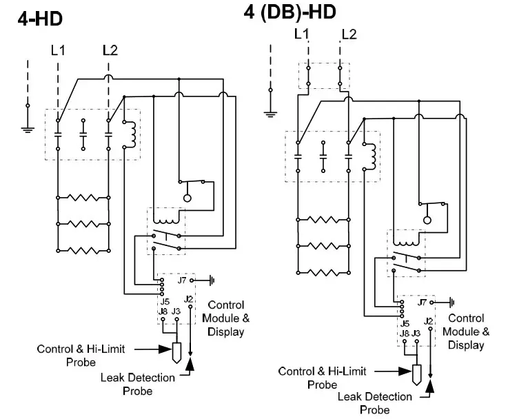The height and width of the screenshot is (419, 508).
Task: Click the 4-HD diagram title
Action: pyautogui.click(x=40, y=18)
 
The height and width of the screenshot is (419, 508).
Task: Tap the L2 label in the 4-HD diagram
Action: pyautogui.click(x=110, y=50)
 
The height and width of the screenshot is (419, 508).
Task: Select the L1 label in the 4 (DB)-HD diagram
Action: pyautogui.click(x=302, y=34)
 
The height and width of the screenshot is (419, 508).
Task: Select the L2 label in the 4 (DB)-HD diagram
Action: pyautogui.click(x=349, y=34)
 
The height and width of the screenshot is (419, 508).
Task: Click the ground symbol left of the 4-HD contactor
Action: pyautogui.click(x=28, y=125)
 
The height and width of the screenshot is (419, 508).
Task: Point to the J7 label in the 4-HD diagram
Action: pyautogui.click(x=183, y=280)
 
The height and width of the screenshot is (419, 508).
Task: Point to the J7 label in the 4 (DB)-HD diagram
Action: pyautogui.click(x=423, y=302)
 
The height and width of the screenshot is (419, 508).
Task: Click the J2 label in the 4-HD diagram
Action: pyautogui.click(x=190, y=299)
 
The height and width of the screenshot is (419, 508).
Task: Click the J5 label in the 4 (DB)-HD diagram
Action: pyautogui.click(x=405, y=323)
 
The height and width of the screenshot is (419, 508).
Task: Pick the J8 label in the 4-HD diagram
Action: pyautogui.click(x=163, y=311)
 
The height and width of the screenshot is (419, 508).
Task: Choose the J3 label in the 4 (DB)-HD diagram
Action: pyautogui.click(x=416, y=333)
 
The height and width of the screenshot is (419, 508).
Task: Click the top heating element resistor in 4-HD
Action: pyautogui.click(x=83, y=198)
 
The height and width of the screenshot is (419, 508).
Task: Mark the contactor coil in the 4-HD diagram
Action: pyautogui.click(x=130, y=134)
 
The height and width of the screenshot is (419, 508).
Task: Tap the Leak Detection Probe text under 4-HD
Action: pyautogui.click(x=127, y=384)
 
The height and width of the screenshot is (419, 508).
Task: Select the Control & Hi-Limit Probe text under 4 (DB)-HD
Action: pyautogui.click(x=307, y=378)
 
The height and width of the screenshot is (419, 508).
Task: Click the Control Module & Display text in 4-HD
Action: pyautogui.click(x=226, y=318)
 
